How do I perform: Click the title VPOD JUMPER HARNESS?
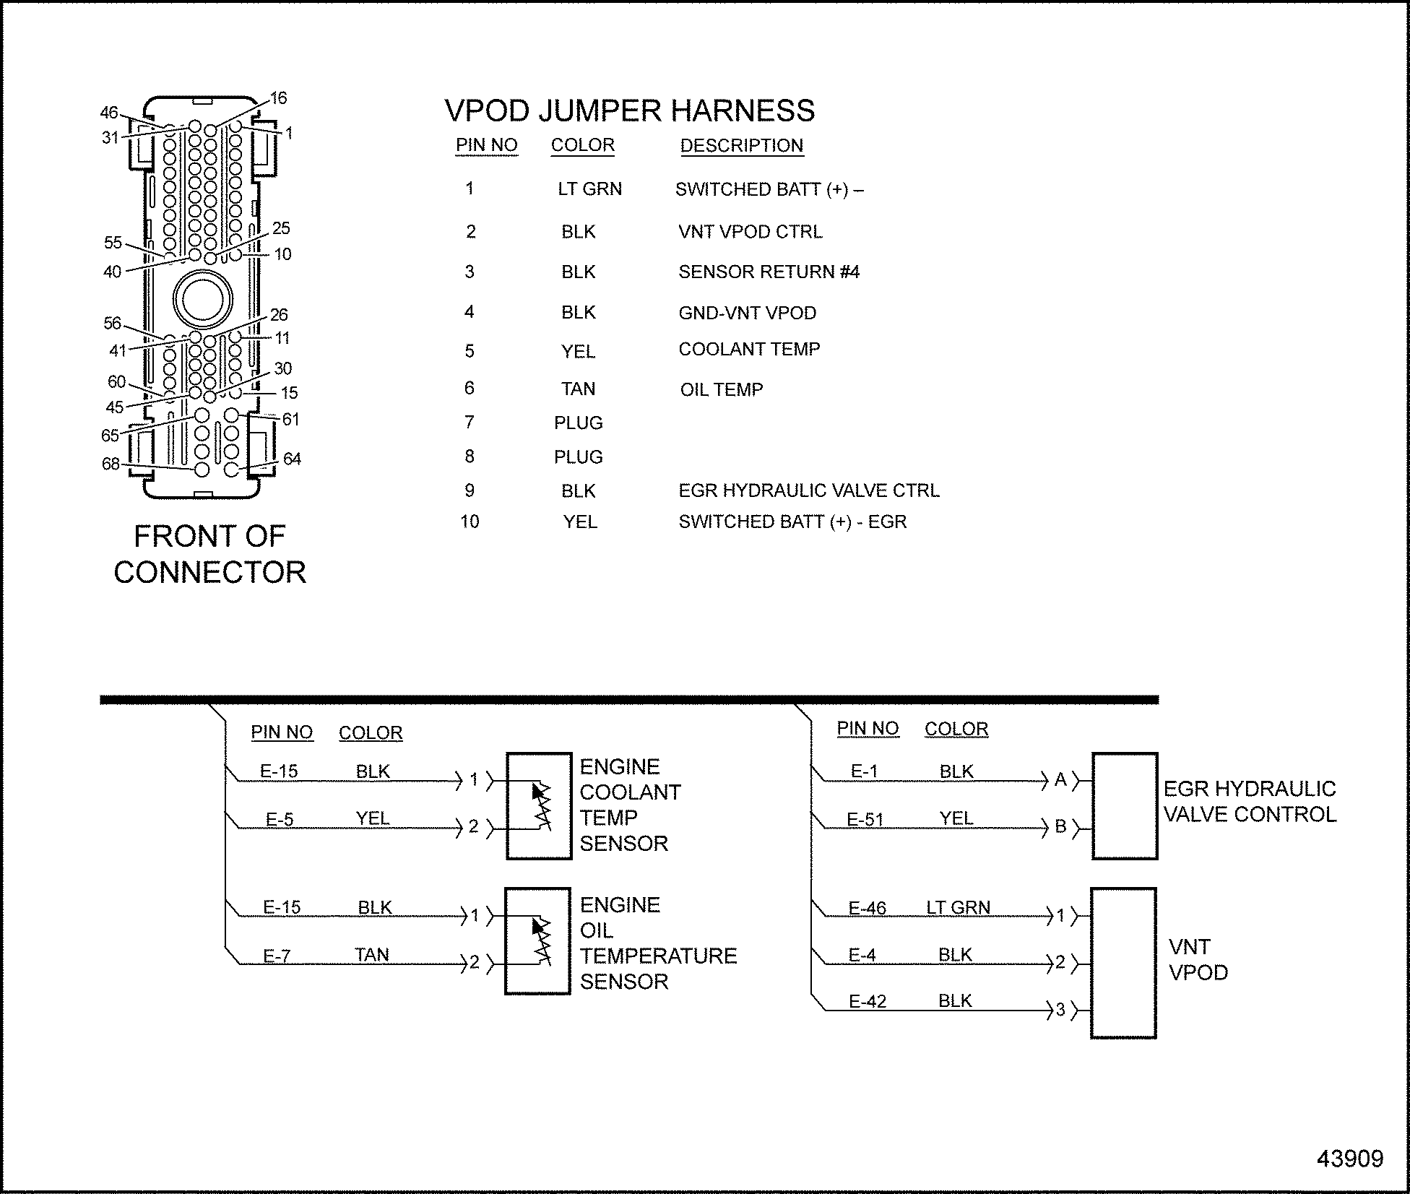(629, 111)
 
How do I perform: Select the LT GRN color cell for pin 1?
(589, 189)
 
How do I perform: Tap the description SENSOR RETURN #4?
(769, 272)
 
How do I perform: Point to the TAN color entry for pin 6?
(578, 389)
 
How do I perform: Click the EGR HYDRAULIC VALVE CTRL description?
(808, 491)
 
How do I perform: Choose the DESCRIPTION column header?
(741, 146)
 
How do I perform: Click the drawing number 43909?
(1349, 1159)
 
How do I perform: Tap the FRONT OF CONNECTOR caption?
(209, 554)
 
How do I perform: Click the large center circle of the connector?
(203, 299)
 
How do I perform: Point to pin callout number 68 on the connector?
(111, 464)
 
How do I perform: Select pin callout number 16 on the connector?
(278, 98)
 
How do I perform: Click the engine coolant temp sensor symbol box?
(539, 806)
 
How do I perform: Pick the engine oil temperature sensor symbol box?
(537, 940)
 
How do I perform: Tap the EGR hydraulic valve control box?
(1124, 806)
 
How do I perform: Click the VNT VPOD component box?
(1123, 963)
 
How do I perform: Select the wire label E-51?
(865, 820)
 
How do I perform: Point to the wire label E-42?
(867, 1001)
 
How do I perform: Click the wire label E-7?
(276, 956)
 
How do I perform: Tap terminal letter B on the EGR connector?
(1060, 826)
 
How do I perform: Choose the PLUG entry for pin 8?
(578, 457)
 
